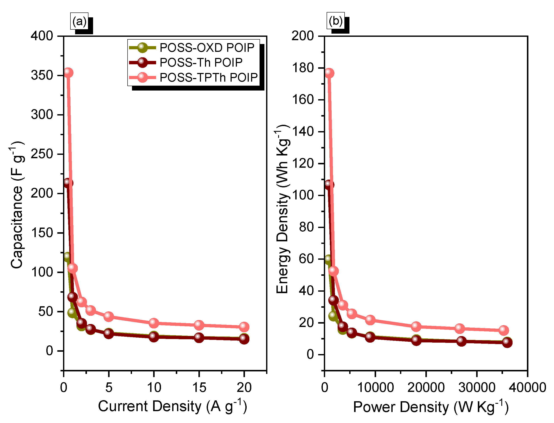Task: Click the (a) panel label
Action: (x=79, y=21)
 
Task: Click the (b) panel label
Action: (x=335, y=21)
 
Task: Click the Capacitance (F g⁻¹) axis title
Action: (x=17, y=205)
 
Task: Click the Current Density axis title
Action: (x=172, y=406)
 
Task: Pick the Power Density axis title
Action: (x=431, y=407)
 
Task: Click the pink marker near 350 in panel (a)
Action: (x=68, y=73)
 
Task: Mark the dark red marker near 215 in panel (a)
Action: (x=68, y=183)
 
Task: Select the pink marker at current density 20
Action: (x=244, y=327)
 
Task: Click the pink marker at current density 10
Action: (x=154, y=323)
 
